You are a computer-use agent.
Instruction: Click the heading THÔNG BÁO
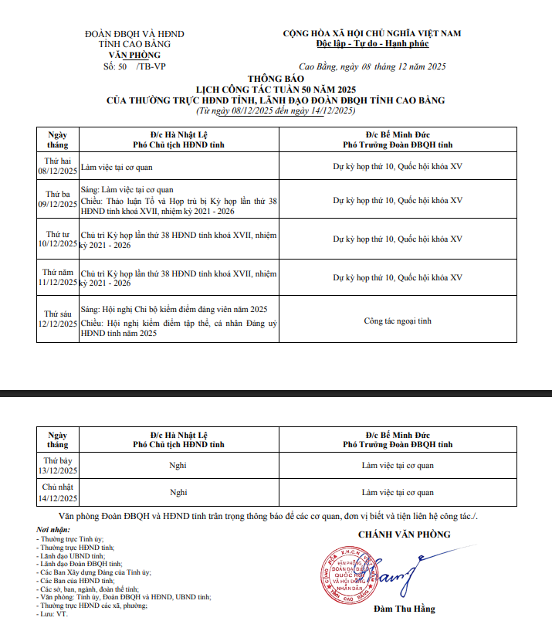pos(276,79)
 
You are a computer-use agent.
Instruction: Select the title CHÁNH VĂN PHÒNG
pos(404,534)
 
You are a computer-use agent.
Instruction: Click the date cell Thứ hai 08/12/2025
pos(58,166)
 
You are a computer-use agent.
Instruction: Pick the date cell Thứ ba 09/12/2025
pos(58,199)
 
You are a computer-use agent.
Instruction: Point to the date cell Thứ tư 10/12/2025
pos(58,239)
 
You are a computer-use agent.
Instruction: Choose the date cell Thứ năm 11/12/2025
pos(58,277)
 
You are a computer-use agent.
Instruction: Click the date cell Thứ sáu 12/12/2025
pos(58,319)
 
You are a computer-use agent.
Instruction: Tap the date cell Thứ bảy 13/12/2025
pos(58,466)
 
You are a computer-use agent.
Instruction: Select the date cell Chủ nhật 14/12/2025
pos(58,492)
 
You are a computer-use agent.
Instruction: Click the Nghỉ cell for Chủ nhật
pos(178,492)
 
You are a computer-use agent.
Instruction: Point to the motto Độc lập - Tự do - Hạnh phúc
pos(371,44)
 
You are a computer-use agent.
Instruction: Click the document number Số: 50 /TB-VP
pos(134,67)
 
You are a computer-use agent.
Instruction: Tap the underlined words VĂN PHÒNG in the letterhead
pos(134,56)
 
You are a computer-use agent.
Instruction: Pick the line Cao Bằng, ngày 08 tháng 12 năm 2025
pos(371,67)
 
